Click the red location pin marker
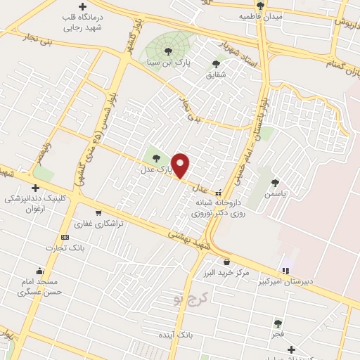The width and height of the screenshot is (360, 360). coord(181,165)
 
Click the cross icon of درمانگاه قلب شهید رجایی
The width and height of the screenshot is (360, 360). coord(83,7)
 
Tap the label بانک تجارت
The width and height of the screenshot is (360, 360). coord(65,247)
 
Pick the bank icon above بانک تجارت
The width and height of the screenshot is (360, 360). coord(65,237)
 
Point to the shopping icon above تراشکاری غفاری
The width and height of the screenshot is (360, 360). coord(98,212)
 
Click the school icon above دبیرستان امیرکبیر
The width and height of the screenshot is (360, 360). coord(285,270)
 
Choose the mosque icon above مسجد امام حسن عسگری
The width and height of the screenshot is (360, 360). coord(41,271)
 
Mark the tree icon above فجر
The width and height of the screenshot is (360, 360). coord(278,324)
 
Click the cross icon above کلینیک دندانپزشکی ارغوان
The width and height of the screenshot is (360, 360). coord(34,188)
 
